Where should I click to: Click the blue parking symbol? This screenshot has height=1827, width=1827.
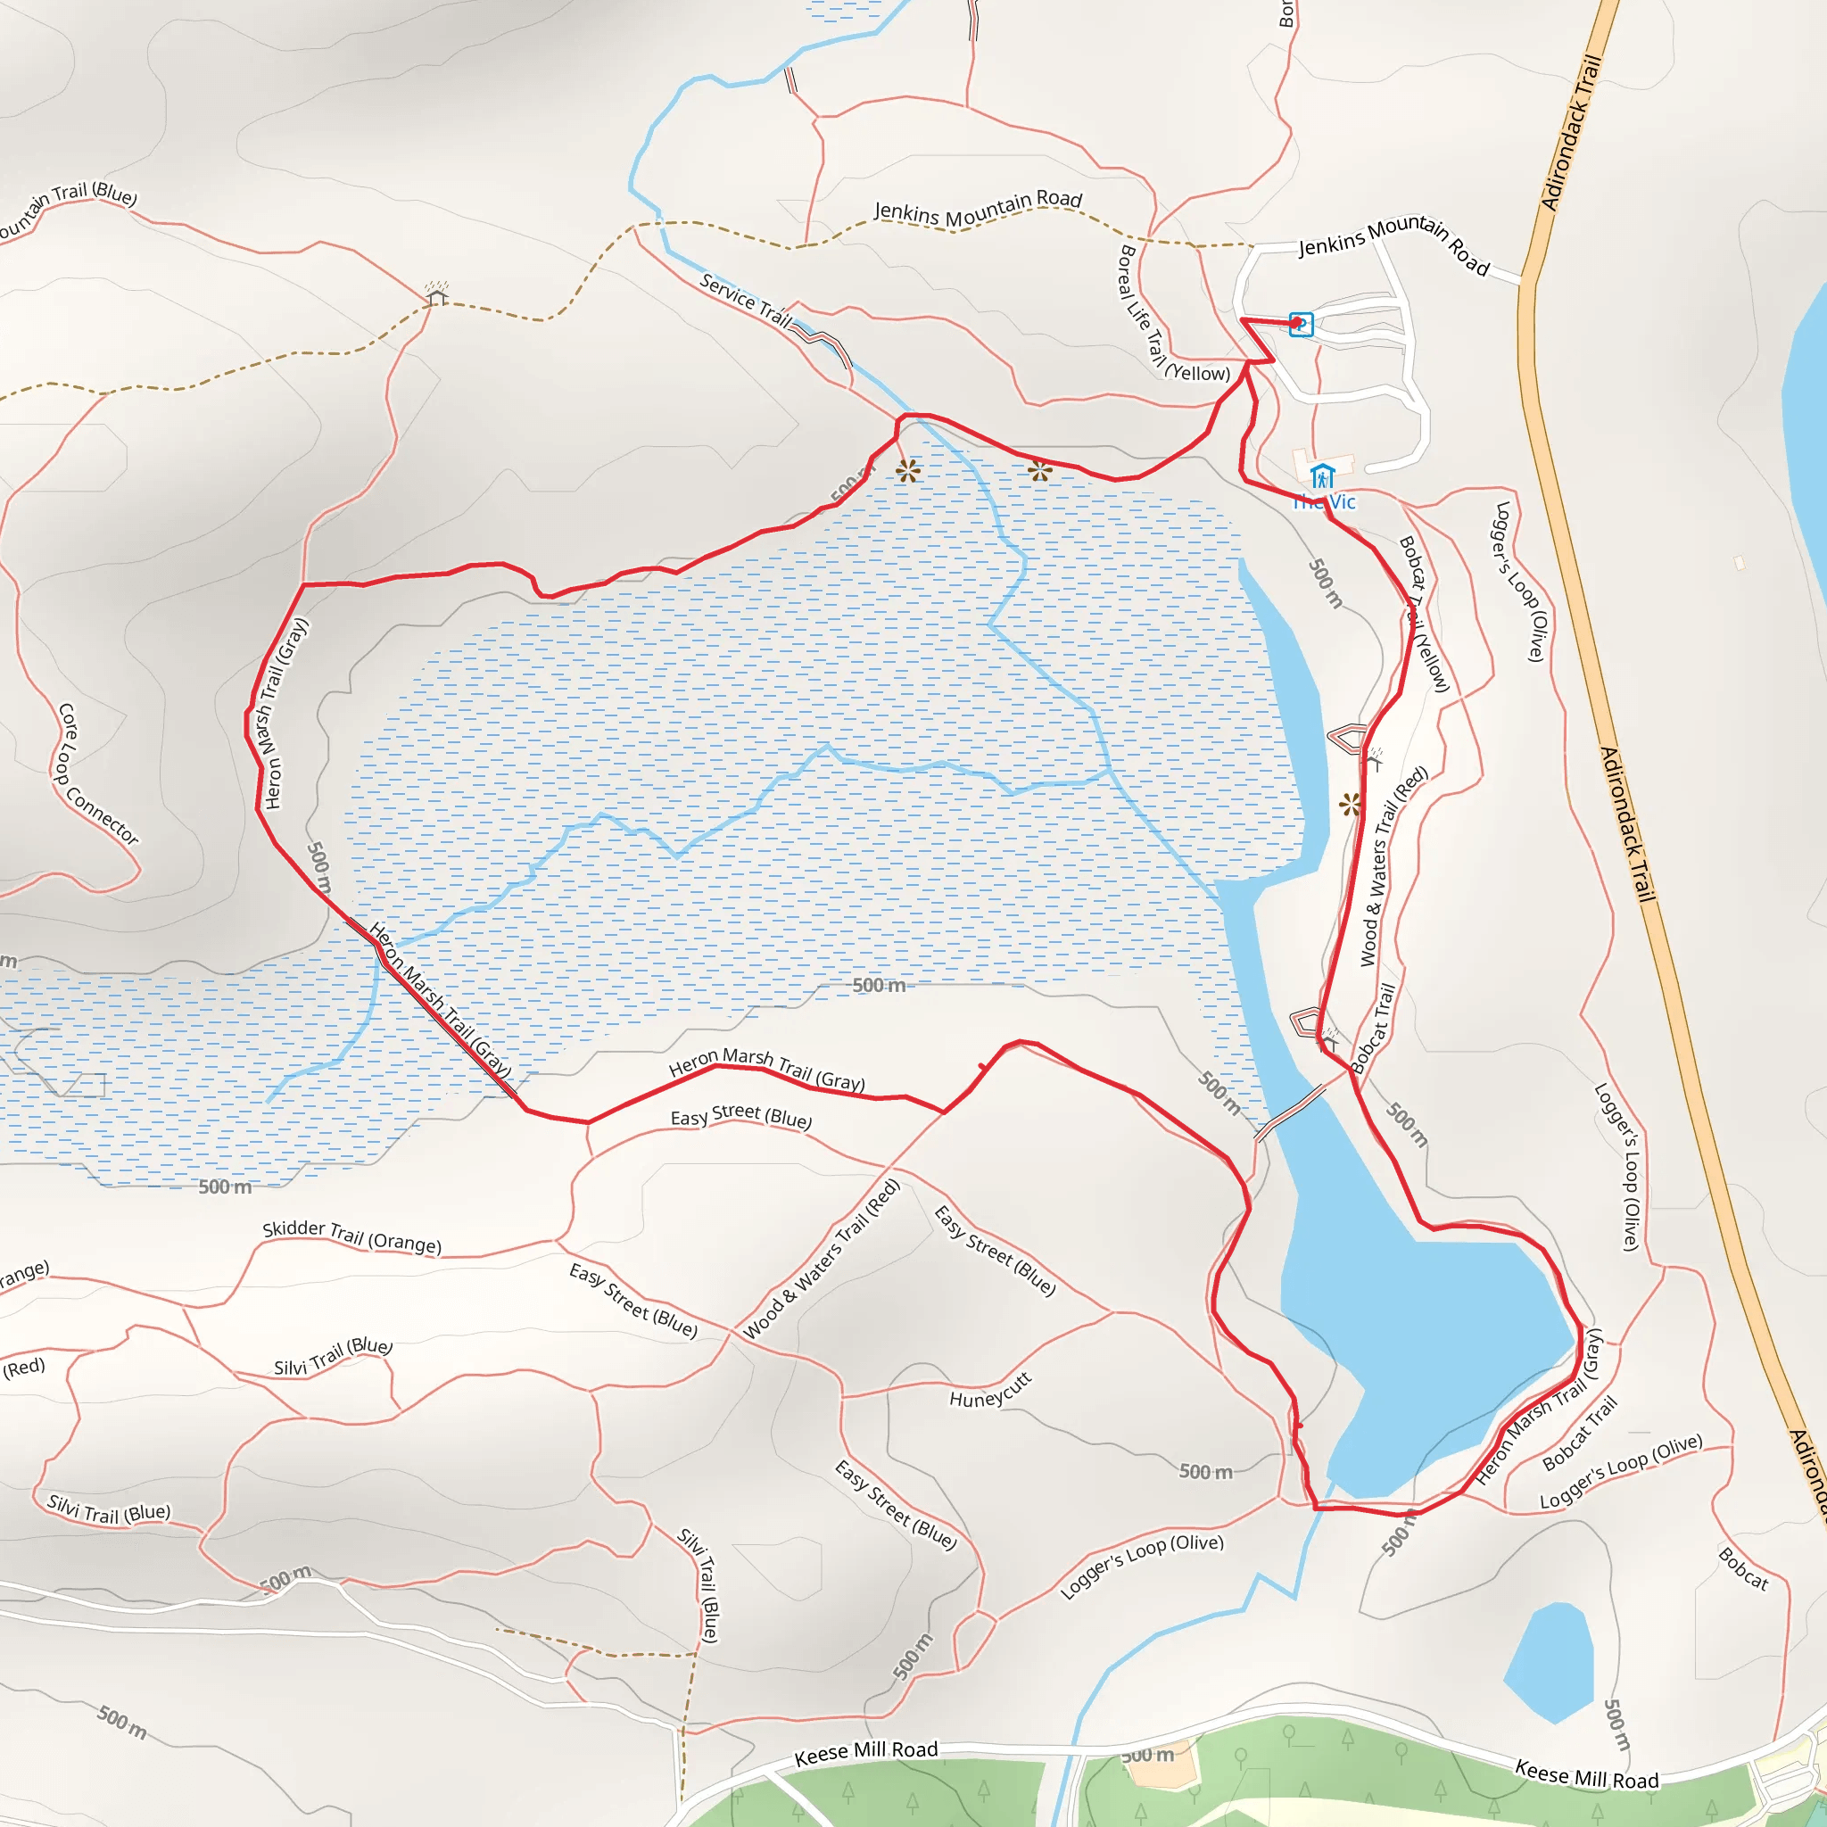(x=1302, y=325)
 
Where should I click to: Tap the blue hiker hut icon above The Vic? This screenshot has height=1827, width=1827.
(x=1322, y=475)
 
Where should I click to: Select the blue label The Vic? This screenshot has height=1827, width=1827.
(x=1325, y=502)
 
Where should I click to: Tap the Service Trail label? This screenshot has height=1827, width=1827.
(x=746, y=299)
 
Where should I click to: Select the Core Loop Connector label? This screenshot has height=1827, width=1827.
(x=97, y=773)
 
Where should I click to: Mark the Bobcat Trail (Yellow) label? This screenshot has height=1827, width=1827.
(x=1424, y=615)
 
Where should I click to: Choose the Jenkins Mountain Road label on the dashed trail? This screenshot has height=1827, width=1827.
(x=978, y=208)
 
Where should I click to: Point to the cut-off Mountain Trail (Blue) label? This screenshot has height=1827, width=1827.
(x=66, y=210)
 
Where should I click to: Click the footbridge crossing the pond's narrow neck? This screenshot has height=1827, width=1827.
(x=1292, y=1112)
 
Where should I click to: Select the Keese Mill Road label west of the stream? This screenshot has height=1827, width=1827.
(x=866, y=1752)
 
